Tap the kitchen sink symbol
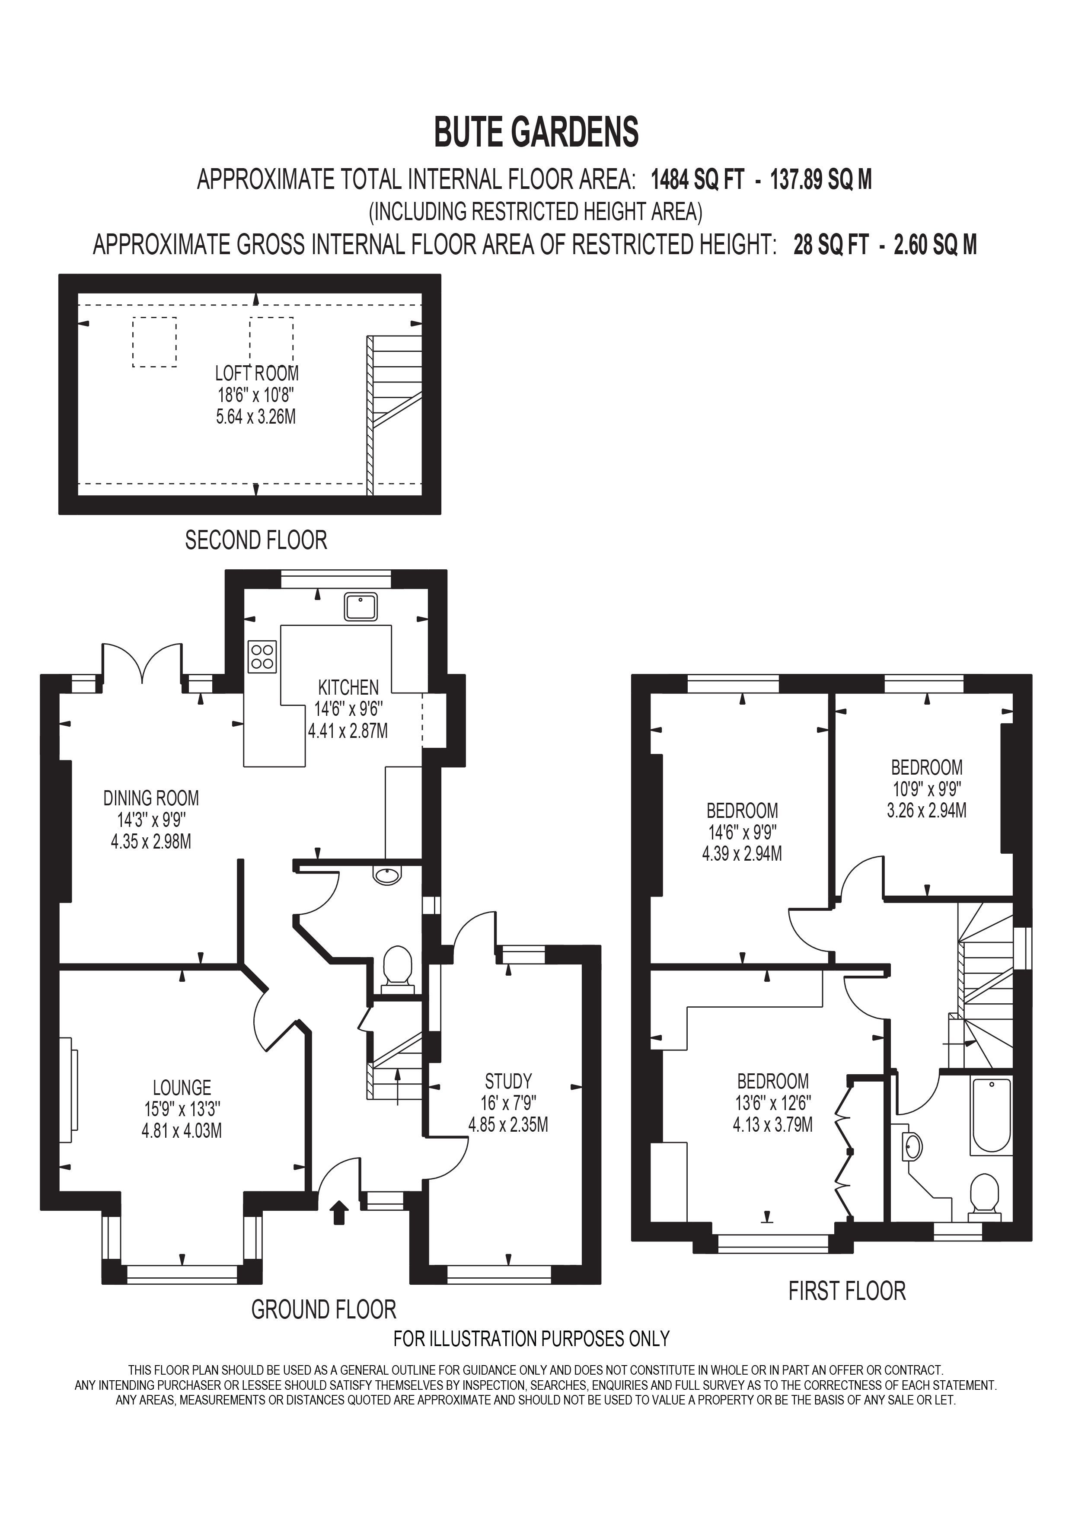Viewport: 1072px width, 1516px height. [x=361, y=607]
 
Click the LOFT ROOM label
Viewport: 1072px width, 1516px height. [x=257, y=374]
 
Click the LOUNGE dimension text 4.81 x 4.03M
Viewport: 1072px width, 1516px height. [x=182, y=1131]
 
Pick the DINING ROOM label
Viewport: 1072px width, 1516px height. [x=151, y=798]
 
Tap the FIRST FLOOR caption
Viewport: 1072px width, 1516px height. [x=847, y=1291]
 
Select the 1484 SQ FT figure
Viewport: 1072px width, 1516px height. [x=698, y=179]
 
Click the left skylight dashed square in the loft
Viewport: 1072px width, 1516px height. [x=154, y=342]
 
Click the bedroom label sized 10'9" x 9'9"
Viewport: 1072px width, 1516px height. [x=926, y=767]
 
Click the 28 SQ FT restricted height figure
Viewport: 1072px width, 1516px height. [x=830, y=245]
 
